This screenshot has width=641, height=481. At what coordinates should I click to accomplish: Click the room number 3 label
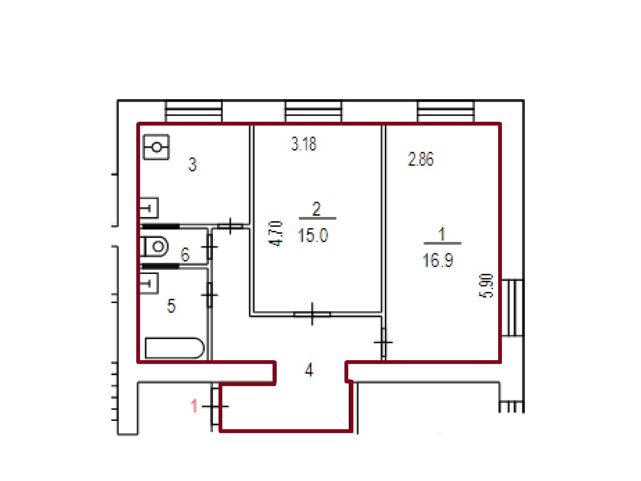[x=192, y=165]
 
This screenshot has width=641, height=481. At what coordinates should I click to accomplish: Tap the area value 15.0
[x=313, y=236]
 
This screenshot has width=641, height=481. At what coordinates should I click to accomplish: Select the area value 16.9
[x=438, y=260]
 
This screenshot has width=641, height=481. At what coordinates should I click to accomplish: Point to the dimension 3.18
[x=304, y=144]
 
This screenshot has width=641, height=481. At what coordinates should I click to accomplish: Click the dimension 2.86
[x=421, y=159]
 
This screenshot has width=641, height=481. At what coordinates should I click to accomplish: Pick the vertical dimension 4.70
[x=275, y=234]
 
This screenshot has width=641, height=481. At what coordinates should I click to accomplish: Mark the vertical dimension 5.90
[x=486, y=285]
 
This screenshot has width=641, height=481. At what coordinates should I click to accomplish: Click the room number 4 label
[x=309, y=370]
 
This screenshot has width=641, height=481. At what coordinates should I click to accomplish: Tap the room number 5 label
[x=171, y=306]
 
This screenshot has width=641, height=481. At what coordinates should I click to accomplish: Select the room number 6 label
[x=185, y=254]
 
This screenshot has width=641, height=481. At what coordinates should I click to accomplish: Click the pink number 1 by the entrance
[x=194, y=406]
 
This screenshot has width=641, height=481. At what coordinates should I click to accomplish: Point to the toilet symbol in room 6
[x=155, y=246]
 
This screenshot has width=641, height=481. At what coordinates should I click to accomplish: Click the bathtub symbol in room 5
[x=175, y=348]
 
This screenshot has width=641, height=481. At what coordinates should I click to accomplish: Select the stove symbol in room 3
[x=156, y=147]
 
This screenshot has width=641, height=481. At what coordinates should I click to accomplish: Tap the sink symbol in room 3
[x=149, y=208]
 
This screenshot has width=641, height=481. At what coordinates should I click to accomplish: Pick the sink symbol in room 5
[x=149, y=283]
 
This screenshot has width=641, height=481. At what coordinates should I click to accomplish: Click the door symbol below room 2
[x=312, y=314]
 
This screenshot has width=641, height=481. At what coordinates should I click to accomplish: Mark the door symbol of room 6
[x=210, y=247]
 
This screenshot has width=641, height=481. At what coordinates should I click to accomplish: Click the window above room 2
[x=313, y=111]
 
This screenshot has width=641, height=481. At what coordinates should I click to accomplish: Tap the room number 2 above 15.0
[x=317, y=209]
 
